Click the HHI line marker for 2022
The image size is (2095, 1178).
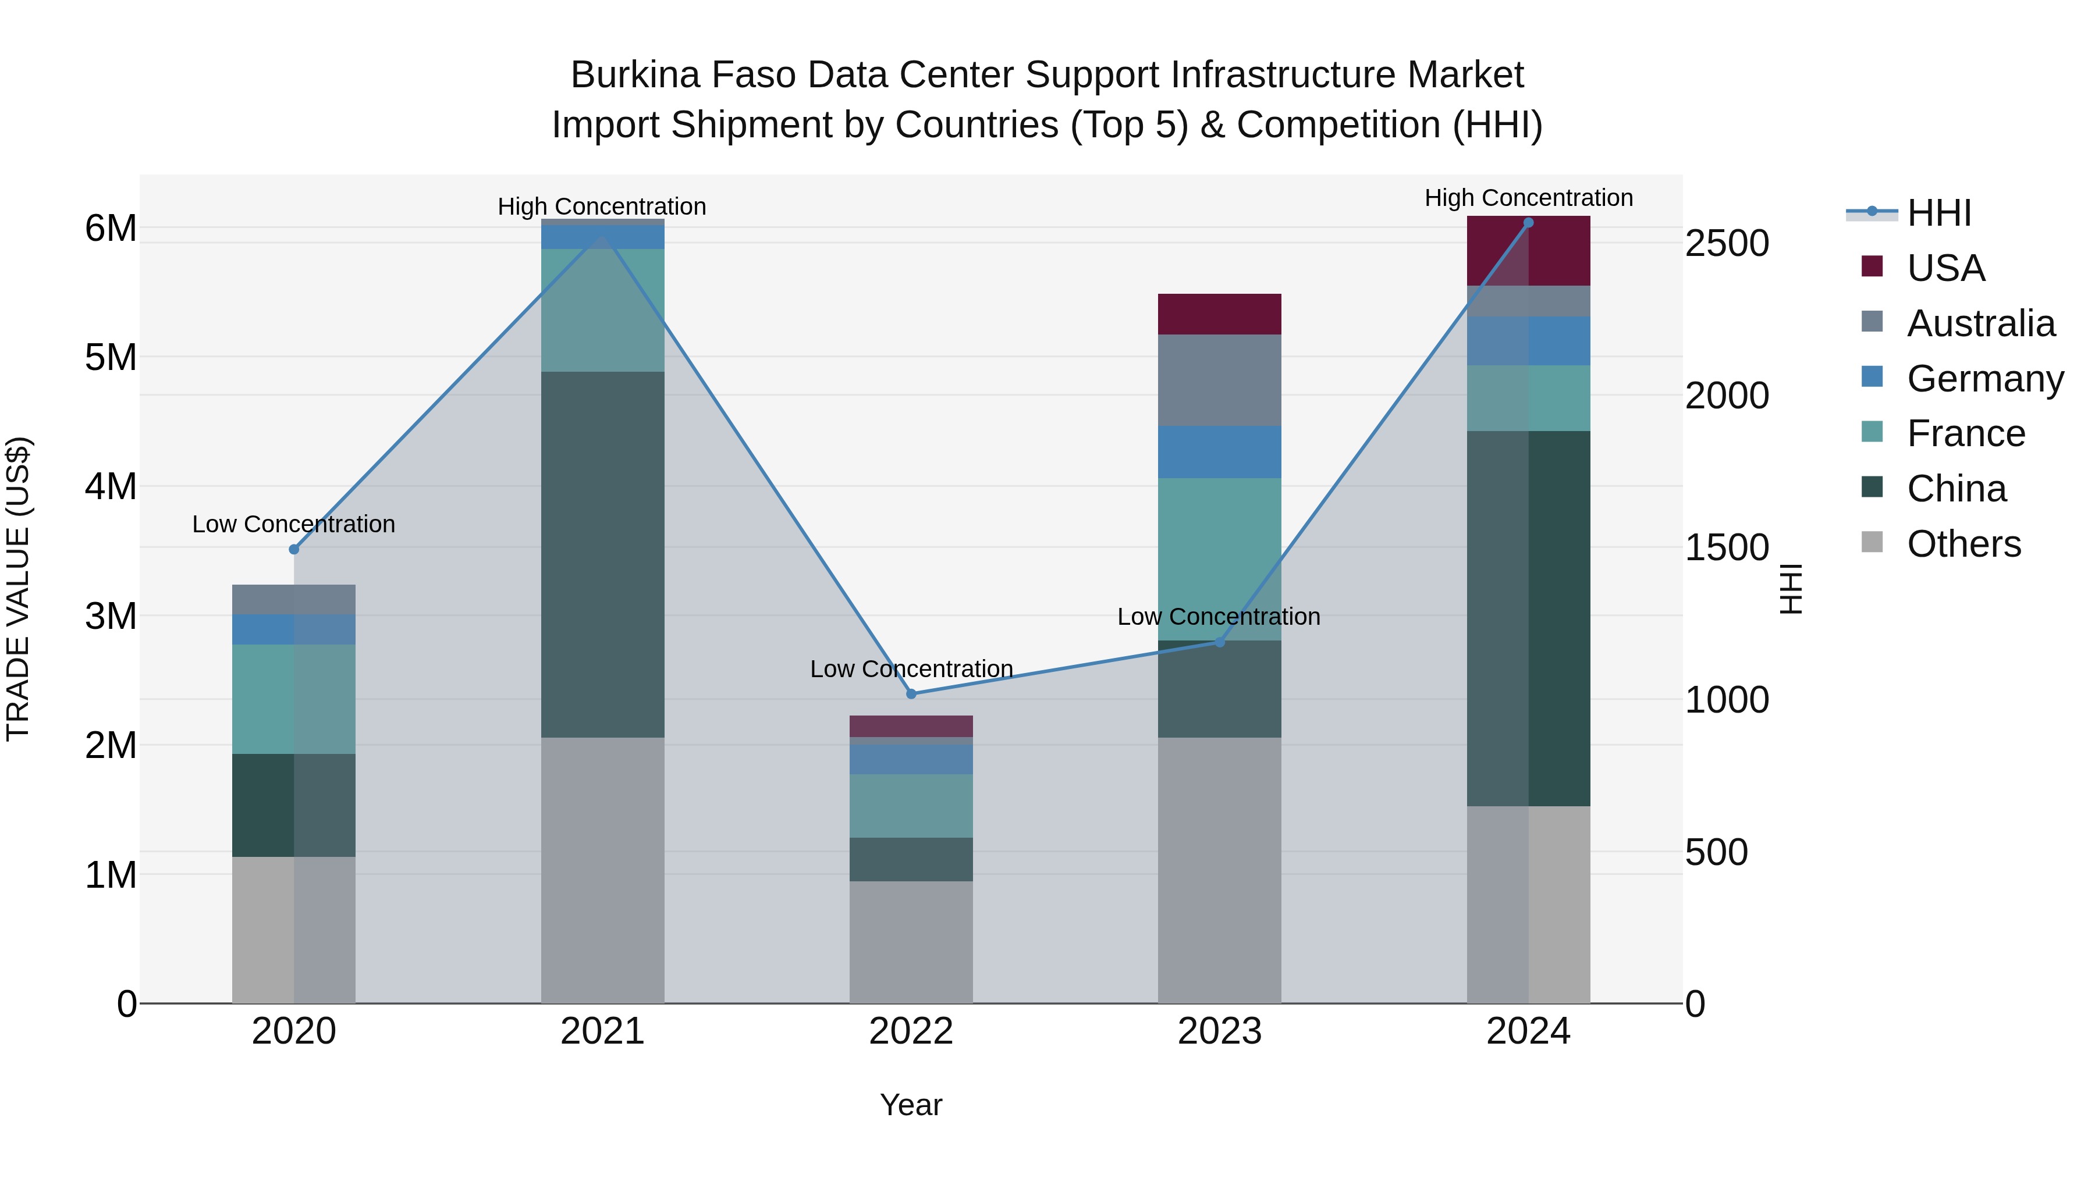coord(911,693)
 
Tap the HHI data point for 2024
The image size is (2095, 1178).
coord(1528,223)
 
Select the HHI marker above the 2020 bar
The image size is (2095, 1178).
coord(294,550)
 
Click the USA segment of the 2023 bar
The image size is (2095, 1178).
coord(1219,314)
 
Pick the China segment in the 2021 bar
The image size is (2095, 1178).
coord(603,554)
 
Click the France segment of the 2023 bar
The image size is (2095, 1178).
coord(1219,558)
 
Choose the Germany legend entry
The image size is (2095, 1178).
coord(1984,379)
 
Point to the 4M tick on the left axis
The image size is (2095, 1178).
coord(111,487)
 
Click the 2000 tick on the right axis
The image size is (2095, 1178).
coord(1727,396)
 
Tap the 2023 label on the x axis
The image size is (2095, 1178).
coord(1219,1031)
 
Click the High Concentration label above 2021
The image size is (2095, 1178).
coord(602,207)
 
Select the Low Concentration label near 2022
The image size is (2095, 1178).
coord(911,669)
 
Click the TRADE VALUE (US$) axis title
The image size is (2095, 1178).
coord(18,589)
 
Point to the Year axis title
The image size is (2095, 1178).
coord(911,1105)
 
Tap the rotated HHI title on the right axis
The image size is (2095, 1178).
coord(1791,589)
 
